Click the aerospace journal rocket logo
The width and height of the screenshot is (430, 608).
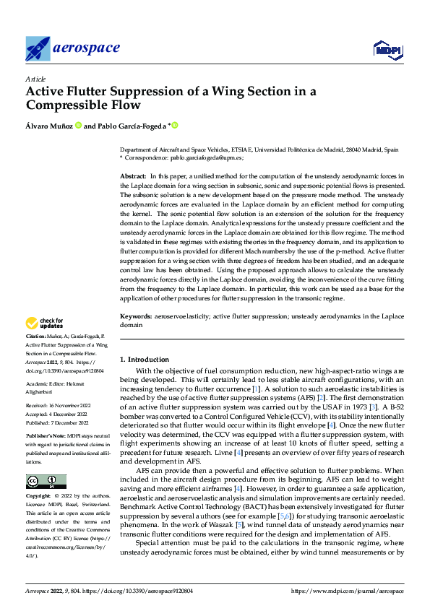(38, 48)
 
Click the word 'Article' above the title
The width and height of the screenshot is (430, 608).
(35, 79)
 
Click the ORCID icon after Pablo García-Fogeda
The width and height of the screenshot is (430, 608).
(174, 125)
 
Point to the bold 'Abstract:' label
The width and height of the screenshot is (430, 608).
(133, 177)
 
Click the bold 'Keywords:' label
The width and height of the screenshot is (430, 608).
(135, 317)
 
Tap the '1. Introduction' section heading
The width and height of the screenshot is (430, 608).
(145, 360)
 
